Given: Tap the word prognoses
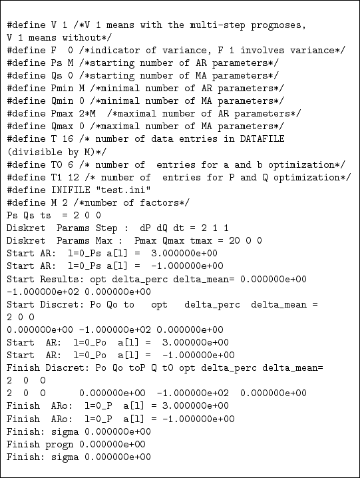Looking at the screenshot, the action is click(x=280, y=25).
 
